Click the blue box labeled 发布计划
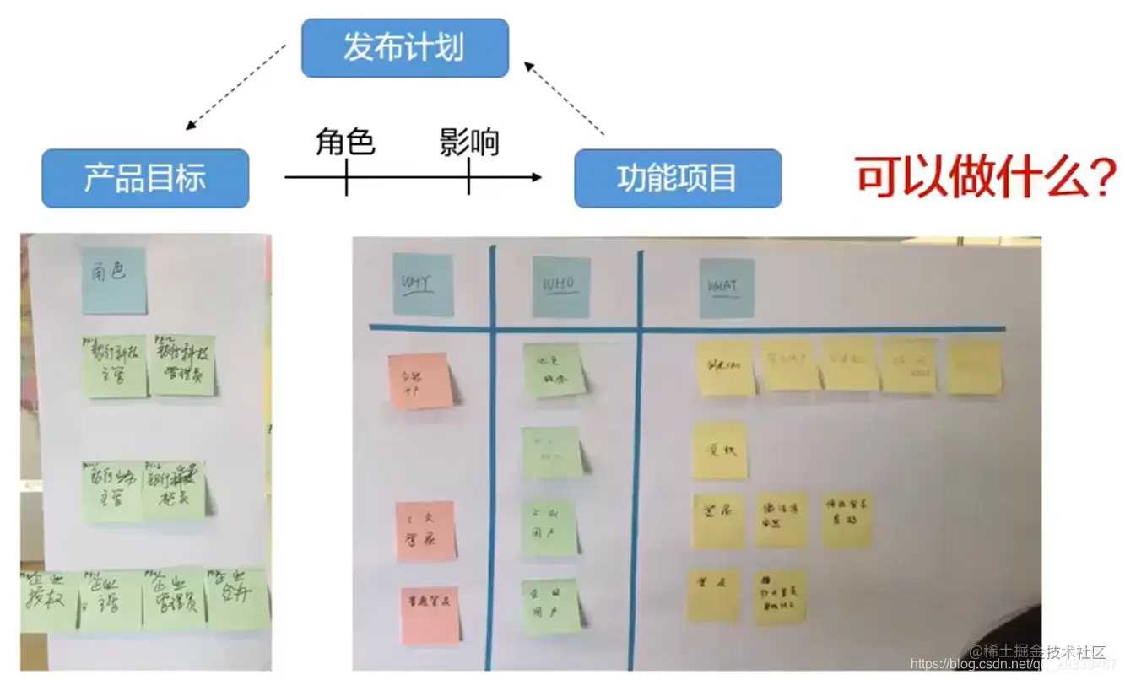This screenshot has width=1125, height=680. point(404,48)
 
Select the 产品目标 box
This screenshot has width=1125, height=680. point(145,178)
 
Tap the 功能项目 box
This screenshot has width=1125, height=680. point(677,178)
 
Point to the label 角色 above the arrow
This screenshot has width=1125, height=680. point(345,142)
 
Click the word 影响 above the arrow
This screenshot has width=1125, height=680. point(469,142)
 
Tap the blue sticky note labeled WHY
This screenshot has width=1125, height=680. point(423,285)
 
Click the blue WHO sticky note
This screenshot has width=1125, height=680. point(560,287)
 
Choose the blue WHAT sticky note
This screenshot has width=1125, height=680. point(726,288)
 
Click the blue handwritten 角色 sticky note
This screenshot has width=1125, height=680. point(114,279)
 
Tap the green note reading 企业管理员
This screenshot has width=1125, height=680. point(174,598)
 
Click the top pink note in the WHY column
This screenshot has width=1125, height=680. point(419,381)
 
